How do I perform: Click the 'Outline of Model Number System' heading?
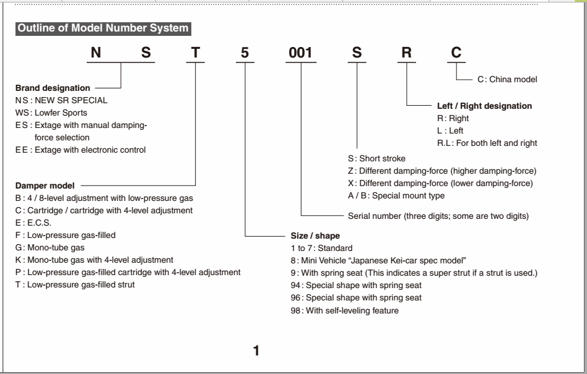coord(103,28)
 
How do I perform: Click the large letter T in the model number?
coord(196,53)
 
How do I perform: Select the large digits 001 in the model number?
coord(302,53)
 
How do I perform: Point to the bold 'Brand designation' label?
coord(53,88)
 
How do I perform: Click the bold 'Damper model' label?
coord(45,185)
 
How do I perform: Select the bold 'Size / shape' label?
coord(315,236)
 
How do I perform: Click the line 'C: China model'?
coord(507,79)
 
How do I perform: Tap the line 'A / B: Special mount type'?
coord(396,195)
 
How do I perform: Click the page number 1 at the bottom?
coord(256,352)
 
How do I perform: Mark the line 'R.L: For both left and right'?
coord(487,143)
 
